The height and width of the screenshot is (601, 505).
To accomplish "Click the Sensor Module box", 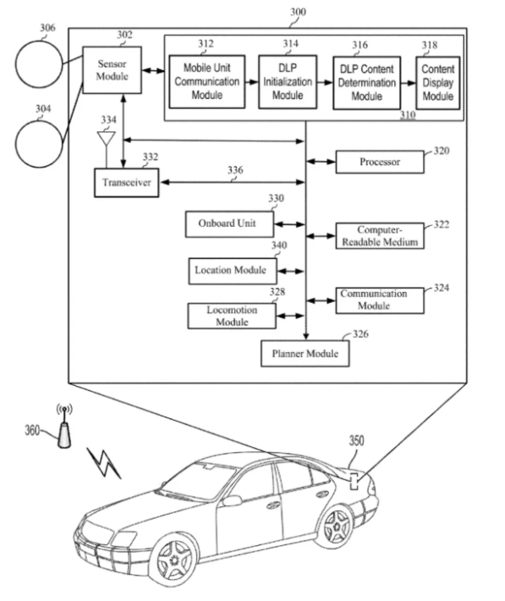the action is [112, 70].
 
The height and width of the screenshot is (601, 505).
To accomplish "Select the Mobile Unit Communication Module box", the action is [207, 81].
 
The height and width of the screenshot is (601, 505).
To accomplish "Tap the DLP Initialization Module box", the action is [288, 81].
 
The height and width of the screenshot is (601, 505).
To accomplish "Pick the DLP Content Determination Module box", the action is [366, 83].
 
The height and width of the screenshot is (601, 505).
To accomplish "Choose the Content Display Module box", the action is [438, 83].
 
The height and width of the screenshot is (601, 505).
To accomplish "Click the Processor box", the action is [380, 162].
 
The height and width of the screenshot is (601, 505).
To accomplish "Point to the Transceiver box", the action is [126, 183].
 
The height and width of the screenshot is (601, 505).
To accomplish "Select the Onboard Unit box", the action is [229, 223].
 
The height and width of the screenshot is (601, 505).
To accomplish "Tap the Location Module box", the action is [233, 271].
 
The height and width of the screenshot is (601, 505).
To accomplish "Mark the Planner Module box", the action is [305, 353].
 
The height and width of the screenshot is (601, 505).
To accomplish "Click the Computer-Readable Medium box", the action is [380, 235].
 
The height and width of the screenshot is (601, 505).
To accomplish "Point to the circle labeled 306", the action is [39, 64].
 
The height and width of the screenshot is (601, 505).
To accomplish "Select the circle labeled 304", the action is [39, 144].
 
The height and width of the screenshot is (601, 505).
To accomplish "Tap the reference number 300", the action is [298, 12].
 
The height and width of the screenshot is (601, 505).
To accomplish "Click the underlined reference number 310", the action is [408, 114].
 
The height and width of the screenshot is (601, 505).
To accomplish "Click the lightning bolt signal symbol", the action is [104, 463].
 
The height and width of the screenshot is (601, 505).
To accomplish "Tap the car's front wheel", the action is [175, 560].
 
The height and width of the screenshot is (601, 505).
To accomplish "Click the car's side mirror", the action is [232, 500].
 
